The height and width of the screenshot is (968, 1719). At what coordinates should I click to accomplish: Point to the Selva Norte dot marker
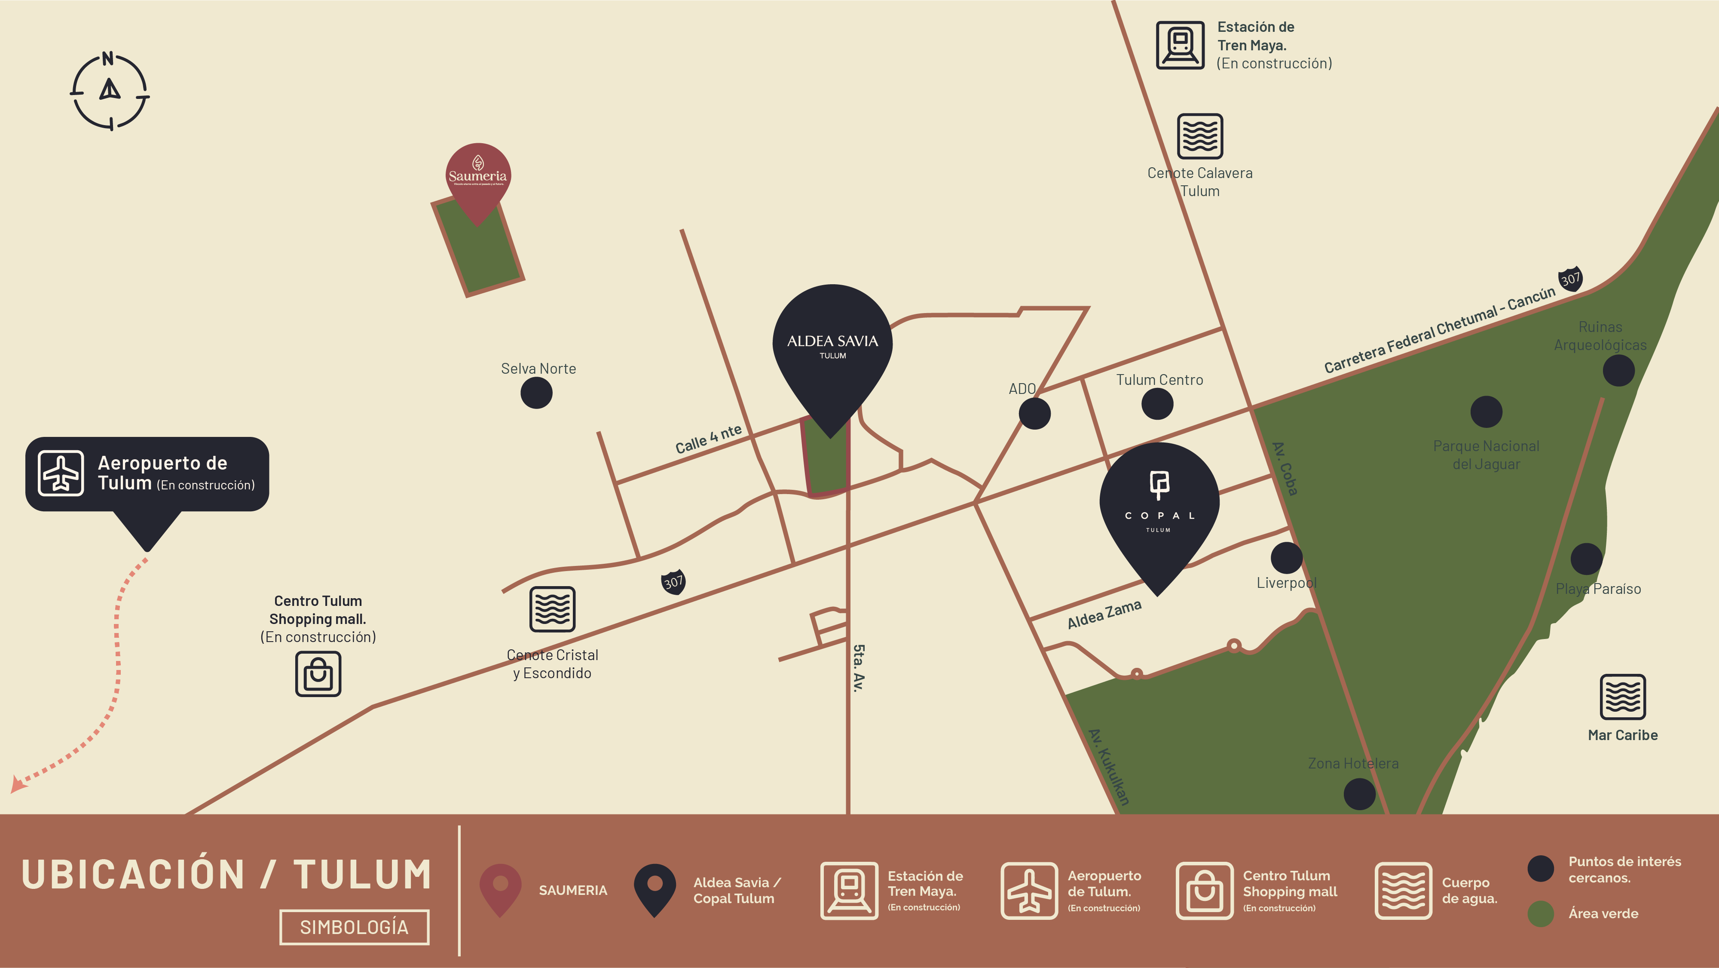pos(536,393)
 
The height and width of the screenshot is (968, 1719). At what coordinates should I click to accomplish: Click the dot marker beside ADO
pos(1034,413)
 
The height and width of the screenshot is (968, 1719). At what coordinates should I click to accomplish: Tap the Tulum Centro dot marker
pos(1157,403)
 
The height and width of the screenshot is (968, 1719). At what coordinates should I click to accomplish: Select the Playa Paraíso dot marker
pos(1586,559)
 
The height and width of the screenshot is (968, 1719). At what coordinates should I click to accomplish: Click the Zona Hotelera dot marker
pos(1359,794)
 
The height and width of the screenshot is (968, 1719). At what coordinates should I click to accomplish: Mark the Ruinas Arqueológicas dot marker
pos(1618,371)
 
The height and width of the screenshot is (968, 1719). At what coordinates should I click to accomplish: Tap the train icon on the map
pos(1180,46)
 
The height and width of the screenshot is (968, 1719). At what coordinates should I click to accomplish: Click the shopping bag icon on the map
pos(318,674)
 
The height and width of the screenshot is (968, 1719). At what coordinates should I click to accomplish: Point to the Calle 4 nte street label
pos(708,439)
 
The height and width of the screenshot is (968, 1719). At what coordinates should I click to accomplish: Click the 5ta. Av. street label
pos(859,667)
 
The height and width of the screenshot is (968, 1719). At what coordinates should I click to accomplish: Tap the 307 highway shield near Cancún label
pos(1569,278)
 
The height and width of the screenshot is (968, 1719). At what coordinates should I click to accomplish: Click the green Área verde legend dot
pos(1540,913)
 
